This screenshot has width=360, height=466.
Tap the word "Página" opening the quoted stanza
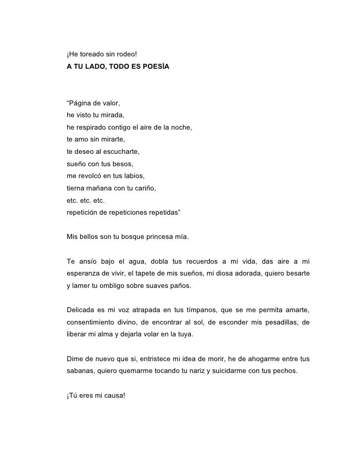[81, 104]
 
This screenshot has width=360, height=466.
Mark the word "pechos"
[286, 371]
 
